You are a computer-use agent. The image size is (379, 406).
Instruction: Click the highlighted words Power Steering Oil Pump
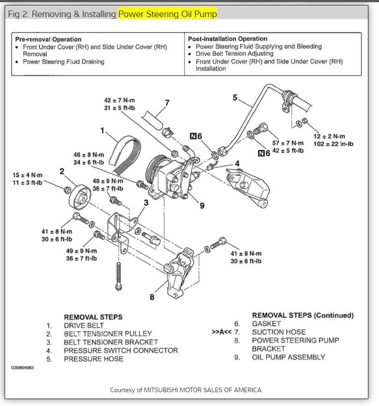tap(168, 14)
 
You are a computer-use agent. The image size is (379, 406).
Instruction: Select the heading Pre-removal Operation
tap(48, 39)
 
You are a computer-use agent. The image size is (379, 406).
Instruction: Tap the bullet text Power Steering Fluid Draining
tap(64, 61)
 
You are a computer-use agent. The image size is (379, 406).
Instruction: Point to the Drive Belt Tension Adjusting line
tap(234, 54)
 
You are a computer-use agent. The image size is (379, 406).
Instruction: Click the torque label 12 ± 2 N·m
tap(329, 137)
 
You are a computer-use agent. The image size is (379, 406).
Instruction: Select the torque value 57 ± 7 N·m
tap(288, 143)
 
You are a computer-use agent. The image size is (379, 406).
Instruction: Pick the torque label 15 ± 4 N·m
tap(27, 175)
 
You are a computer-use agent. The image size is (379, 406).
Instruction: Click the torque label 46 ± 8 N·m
tap(89, 155)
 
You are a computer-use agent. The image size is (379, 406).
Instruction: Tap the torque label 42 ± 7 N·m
tap(120, 101)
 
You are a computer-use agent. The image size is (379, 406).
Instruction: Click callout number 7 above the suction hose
tap(167, 102)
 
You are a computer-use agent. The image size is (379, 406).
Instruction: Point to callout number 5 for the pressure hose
tap(235, 97)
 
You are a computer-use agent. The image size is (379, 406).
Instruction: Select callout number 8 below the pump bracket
tap(152, 297)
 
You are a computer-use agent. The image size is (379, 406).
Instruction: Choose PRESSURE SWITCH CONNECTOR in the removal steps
tap(120, 350)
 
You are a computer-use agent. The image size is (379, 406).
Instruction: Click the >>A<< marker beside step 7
tap(222, 332)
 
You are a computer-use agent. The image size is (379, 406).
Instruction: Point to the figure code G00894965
tap(23, 368)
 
